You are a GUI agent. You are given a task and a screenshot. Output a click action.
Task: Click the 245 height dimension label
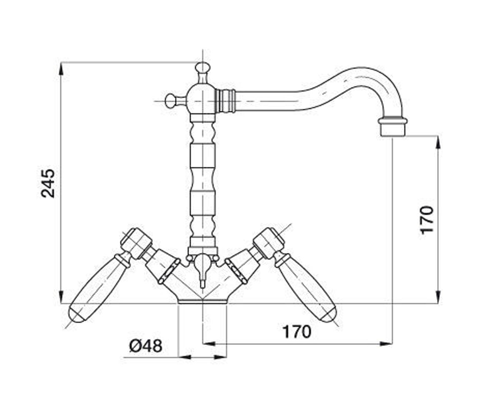coord(48,184)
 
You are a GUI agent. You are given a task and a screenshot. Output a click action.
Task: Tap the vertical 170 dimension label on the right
coord(427,220)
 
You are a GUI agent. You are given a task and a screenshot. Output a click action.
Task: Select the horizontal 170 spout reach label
coord(297,332)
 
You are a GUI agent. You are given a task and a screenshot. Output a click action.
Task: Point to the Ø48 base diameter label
coord(146,346)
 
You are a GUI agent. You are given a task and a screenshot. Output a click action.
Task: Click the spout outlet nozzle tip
coord(393,127)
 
